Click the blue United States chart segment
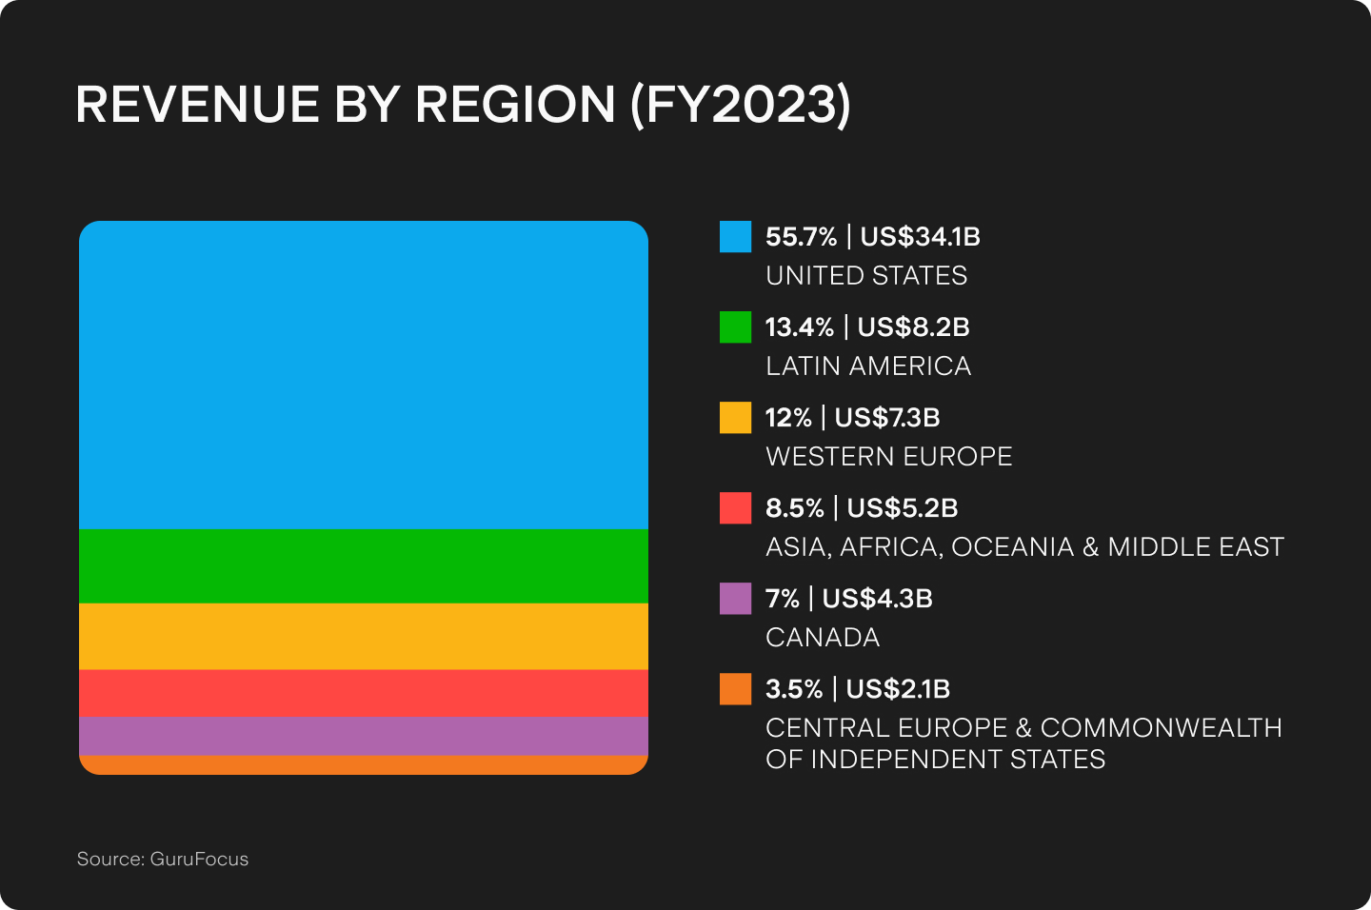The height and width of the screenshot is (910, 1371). coord(364,375)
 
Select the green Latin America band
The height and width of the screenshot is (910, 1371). coord(364,565)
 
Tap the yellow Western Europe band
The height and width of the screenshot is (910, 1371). coord(364,636)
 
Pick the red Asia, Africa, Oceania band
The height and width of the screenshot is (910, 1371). coord(364,693)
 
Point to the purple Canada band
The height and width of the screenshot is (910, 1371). coord(364,736)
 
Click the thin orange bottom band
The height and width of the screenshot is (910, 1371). coord(364,764)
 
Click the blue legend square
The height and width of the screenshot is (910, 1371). coord(735,236)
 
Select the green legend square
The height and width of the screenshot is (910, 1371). coord(735,326)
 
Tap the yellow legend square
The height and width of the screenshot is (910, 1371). coord(735,417)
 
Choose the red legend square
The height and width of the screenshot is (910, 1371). coord(735,507)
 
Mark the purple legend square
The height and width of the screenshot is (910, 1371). coord(735,598)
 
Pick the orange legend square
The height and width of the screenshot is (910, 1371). coord(735,688)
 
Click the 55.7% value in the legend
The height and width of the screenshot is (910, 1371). coord(801,236)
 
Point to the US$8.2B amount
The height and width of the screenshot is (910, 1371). coord(913,326)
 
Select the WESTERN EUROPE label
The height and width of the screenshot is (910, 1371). coord(888,457)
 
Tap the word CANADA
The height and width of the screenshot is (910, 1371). coord(823,638)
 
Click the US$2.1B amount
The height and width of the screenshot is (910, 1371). coord(898,688)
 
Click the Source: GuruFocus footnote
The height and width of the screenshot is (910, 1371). coord(163,859)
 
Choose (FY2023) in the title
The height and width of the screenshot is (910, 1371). coord(741,104)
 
